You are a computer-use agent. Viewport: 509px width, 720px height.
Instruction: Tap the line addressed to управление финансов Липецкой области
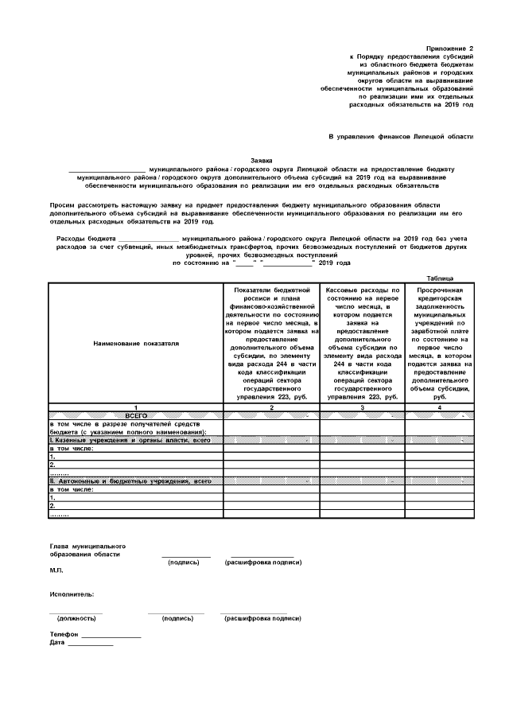coord(401,137)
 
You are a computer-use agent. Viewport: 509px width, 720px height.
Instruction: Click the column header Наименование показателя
coord(135,344)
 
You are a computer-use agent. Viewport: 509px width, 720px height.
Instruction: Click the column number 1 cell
coord(135,407)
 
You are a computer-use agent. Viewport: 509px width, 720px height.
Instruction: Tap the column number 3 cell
coord(363,407)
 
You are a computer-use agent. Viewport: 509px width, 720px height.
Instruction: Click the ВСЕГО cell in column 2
coord(272,415)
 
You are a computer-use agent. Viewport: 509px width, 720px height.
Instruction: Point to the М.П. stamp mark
coord(56,571)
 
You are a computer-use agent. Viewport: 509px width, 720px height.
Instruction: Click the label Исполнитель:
coord(72,594)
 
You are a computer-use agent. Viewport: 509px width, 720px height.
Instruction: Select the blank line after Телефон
coord(111,636)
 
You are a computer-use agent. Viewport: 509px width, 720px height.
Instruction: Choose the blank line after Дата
coord(90,644)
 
